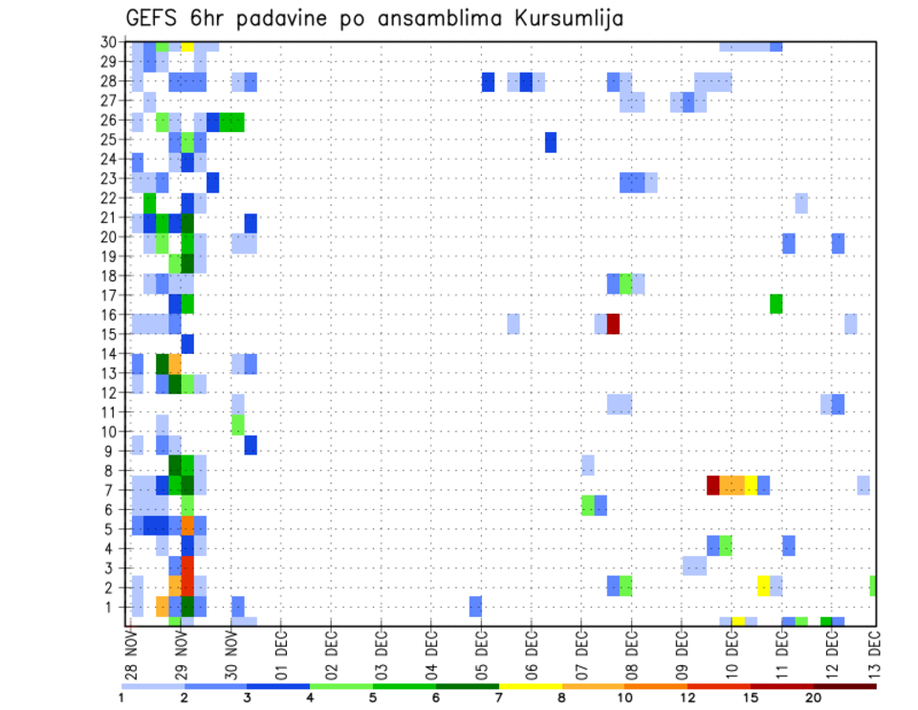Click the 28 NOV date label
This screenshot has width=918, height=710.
[130, 655]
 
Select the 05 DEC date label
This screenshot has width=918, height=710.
[480, 655]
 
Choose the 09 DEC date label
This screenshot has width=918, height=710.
[680, 655]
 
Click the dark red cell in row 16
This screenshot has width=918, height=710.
[613, 323]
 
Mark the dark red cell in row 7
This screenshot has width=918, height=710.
[713, 485]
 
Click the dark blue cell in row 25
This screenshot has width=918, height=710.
[551, 142]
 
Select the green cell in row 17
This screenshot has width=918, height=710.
[776, 303]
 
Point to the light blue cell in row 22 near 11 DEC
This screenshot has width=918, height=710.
[801, 203]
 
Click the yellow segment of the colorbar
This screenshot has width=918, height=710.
[531, 686]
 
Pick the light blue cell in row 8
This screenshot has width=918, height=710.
[587, 465]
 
